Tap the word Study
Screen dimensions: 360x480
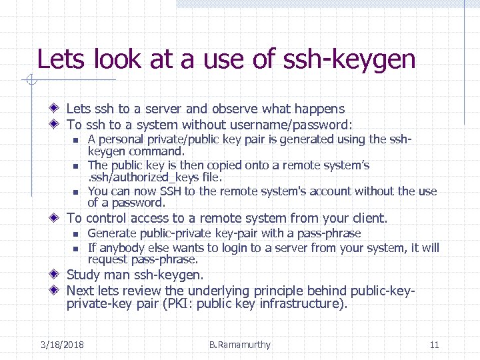tap(83, 275)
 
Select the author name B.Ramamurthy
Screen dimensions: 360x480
tap(240, 345)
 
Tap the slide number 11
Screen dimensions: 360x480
tap(434, 345)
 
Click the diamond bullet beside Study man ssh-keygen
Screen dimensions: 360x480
tap(57, 275)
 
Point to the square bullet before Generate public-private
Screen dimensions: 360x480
tap(76, 234)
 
